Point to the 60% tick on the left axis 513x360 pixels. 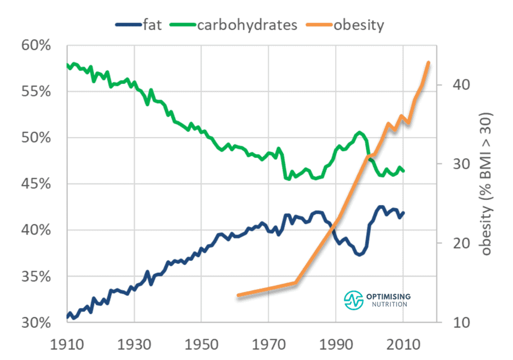point(36,45)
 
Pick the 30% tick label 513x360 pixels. point(36,323)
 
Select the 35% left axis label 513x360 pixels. point(36,277)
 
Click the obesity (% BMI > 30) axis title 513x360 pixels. point(487,184)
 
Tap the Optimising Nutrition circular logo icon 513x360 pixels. point(355,300)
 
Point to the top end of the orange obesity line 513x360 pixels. point(429,62)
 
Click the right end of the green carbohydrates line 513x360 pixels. point(404,171)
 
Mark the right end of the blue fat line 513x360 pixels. point(404,213)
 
